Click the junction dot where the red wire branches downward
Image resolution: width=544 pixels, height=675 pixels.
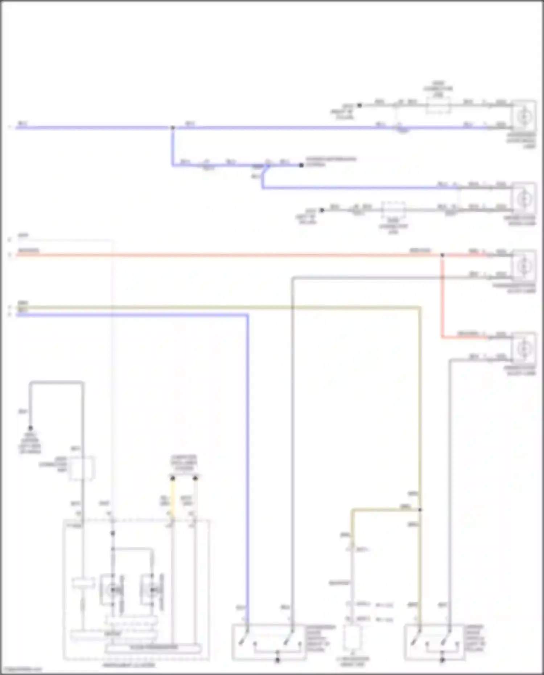[x=442, y=255]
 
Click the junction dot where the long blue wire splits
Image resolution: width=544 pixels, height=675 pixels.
[x=173, y=128]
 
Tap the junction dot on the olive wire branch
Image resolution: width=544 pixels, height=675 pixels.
[x=420, y=510]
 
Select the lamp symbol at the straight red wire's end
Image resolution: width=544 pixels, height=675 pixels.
[x=524, y=267]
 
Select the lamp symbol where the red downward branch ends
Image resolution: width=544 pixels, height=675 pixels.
[x=524, y=349]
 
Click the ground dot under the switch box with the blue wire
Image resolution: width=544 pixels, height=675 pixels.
[x=277, y=660]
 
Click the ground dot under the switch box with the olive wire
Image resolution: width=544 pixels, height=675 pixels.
[x=442, y=660]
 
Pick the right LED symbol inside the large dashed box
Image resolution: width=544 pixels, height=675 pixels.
[x=152, y=590]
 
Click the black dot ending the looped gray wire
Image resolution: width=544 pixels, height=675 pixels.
[x=30, y=428]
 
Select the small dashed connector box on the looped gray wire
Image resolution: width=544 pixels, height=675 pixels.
[x=82, y=468]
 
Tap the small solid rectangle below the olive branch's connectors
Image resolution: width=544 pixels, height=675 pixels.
[x=352, y=637]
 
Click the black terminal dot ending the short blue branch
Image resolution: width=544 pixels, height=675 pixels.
[x=301, y=165]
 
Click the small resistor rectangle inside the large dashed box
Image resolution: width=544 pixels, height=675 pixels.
[x=83, y=584]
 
